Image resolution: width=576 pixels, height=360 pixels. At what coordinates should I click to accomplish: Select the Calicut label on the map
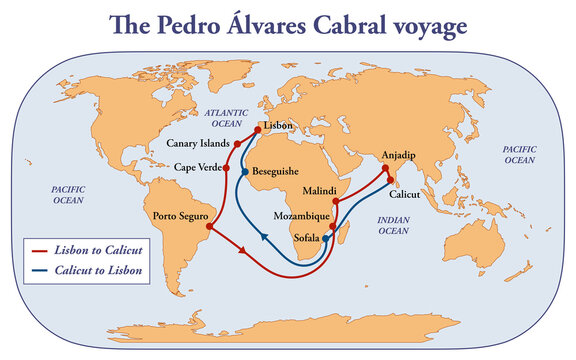404,180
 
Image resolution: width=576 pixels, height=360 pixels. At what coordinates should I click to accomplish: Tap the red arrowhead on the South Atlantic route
245,251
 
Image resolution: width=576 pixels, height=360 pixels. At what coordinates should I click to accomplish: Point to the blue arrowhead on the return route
263,237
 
